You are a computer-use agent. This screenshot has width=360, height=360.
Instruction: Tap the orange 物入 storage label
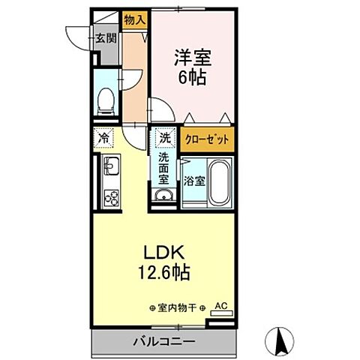click(134, 22)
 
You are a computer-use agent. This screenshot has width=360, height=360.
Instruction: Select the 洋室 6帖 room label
click(190, 66)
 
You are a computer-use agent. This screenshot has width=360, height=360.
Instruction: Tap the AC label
click(220, 305)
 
